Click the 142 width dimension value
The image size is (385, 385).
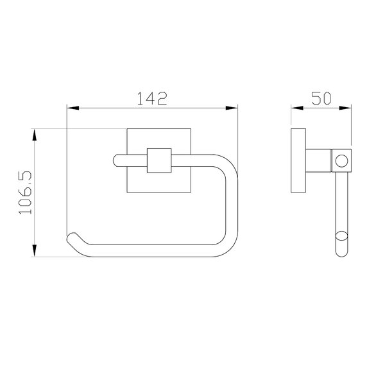[x=152, y=98]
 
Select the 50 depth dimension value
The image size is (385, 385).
[x=321, y=98]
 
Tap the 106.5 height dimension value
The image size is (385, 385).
[x=25, y=193]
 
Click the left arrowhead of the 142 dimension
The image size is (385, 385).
[x=73, y=108]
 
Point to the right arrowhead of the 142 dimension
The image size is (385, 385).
[x=232, y=108]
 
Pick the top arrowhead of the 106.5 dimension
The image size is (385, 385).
[x=35, y=135]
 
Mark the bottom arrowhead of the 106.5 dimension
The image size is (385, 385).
[x=35, y=251]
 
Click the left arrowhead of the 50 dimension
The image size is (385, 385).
[x=297, y=108]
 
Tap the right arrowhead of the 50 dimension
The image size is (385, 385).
[x=345, y=108]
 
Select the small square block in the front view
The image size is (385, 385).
[x=159, y=160]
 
